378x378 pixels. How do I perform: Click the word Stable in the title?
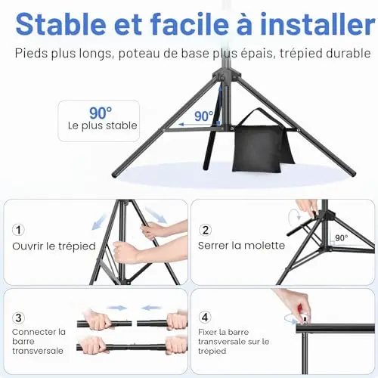point(61,24)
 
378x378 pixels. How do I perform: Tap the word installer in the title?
point(318,24)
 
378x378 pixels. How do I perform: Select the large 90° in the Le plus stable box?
point(101,113)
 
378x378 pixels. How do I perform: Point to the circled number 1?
point(18,230)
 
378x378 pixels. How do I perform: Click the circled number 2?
point(206,230)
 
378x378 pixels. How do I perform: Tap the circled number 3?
point(18,318)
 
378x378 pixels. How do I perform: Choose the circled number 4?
point(205,318)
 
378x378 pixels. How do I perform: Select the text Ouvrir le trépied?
point(54,246)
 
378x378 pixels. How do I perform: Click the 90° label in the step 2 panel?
point(342,238)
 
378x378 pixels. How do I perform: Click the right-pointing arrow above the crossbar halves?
point(116,308)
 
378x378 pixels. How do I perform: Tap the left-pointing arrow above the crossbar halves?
point(151,308)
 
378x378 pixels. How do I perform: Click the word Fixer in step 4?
point(207,332)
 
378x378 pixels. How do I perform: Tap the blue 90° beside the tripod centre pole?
point(204,116)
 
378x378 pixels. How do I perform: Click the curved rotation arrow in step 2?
point(294,217)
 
